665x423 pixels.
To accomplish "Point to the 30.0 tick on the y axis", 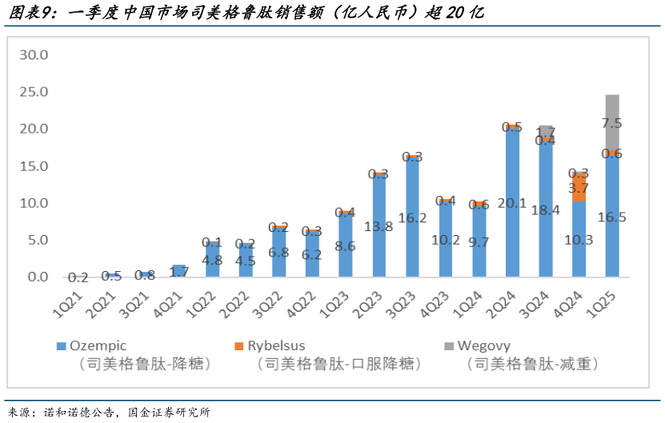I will coord(34,55).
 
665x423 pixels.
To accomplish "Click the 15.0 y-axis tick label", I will coord(34,166).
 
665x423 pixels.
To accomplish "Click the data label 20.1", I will coord(512,202).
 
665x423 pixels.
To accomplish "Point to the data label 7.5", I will coord(612,123).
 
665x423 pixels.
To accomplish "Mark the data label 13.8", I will coord(379,226).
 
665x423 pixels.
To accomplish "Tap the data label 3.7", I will coord(579,188).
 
